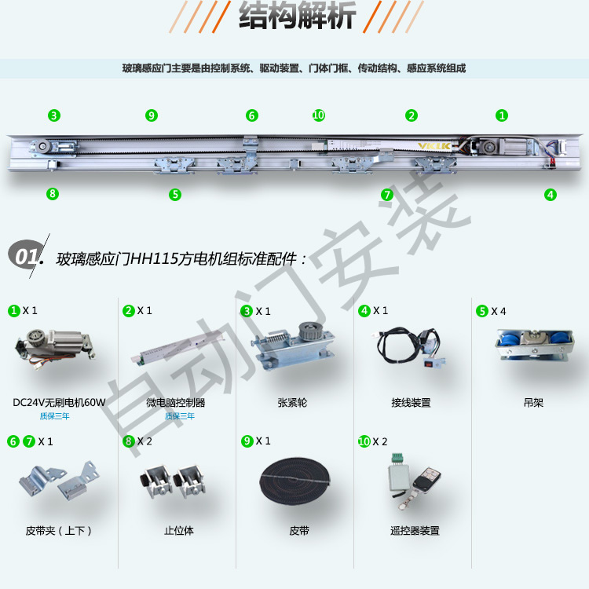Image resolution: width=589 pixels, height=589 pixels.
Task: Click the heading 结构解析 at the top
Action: tap(297, 16)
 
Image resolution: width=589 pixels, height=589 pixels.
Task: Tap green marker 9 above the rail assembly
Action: tap(152, 115)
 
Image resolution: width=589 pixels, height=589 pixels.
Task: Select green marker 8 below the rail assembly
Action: tap(53, 194)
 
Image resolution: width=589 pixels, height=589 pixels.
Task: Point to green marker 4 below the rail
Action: tap(551, 195)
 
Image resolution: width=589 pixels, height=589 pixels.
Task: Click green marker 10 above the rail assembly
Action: tap(319, 115)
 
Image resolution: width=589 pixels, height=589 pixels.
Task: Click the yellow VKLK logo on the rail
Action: tap(434, 146)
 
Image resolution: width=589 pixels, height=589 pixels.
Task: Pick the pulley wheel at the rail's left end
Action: tap(42, 146)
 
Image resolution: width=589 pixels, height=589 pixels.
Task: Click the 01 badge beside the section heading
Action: tap(26, 256)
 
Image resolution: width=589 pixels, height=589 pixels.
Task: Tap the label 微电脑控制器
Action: tap(176, 403)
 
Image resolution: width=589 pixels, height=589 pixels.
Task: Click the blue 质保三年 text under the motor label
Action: tap(54, 415)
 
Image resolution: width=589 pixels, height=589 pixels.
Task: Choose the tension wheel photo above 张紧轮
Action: tap(293, 346)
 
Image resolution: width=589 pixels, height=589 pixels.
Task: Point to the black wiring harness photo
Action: tap(408, 346)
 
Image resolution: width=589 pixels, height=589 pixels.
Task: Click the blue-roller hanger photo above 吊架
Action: tap(534, 345)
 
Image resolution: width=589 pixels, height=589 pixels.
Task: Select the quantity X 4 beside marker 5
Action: tap(499, 311)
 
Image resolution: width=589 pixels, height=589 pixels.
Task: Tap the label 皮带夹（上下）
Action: tap(59, 530)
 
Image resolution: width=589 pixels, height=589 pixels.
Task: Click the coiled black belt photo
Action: tap(294, 481)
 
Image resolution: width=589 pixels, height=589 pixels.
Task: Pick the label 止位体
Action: tap(179, 530)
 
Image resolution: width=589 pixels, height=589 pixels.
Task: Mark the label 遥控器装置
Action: tap(415, 530)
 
